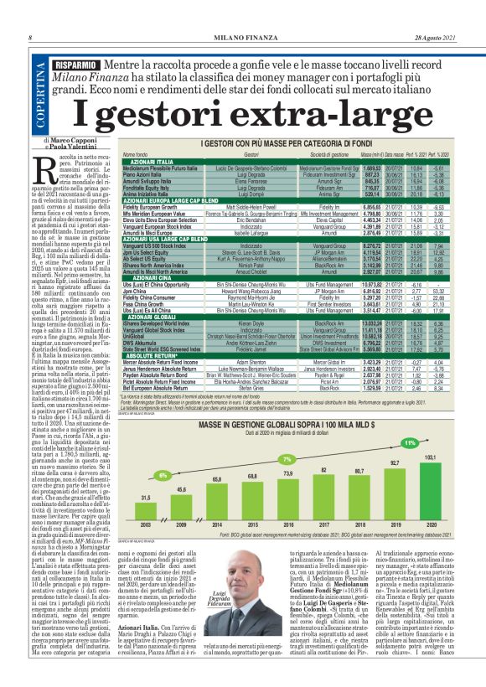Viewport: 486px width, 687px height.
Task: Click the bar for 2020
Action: [429, 498]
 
